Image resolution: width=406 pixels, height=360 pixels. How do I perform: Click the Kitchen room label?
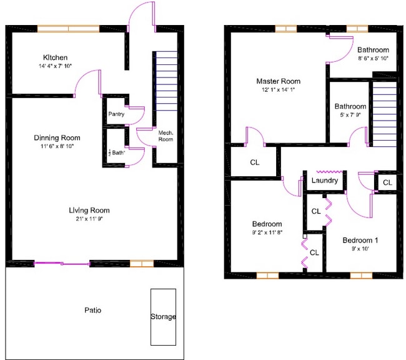(56, 57)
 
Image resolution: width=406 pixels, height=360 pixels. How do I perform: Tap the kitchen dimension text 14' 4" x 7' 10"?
(55, 66)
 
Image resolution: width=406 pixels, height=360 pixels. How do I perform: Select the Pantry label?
(116, 114)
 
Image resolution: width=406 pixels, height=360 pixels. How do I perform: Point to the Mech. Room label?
(166, 136)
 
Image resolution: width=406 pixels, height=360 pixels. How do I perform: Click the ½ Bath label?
(117, 152)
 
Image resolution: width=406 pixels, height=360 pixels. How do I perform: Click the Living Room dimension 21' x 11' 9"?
(90, 219)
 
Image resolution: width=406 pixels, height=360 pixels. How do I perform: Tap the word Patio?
(92, 310)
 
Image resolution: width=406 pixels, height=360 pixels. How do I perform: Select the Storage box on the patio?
(163, 317)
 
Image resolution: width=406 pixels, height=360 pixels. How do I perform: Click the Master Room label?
(278, 81)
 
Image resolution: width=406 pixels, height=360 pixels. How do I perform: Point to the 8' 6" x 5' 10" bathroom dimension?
(373, 58)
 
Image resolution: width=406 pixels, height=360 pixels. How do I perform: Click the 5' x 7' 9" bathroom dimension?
(350, 115)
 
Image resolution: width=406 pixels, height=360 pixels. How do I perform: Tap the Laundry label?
(325, 181)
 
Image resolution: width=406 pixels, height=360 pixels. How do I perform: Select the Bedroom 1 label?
(360, 240)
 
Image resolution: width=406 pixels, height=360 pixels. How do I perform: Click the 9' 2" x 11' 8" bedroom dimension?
(267, 233)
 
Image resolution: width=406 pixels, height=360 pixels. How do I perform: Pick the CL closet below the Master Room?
(254, 162)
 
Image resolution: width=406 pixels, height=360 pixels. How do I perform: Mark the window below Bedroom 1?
(361, 275)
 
